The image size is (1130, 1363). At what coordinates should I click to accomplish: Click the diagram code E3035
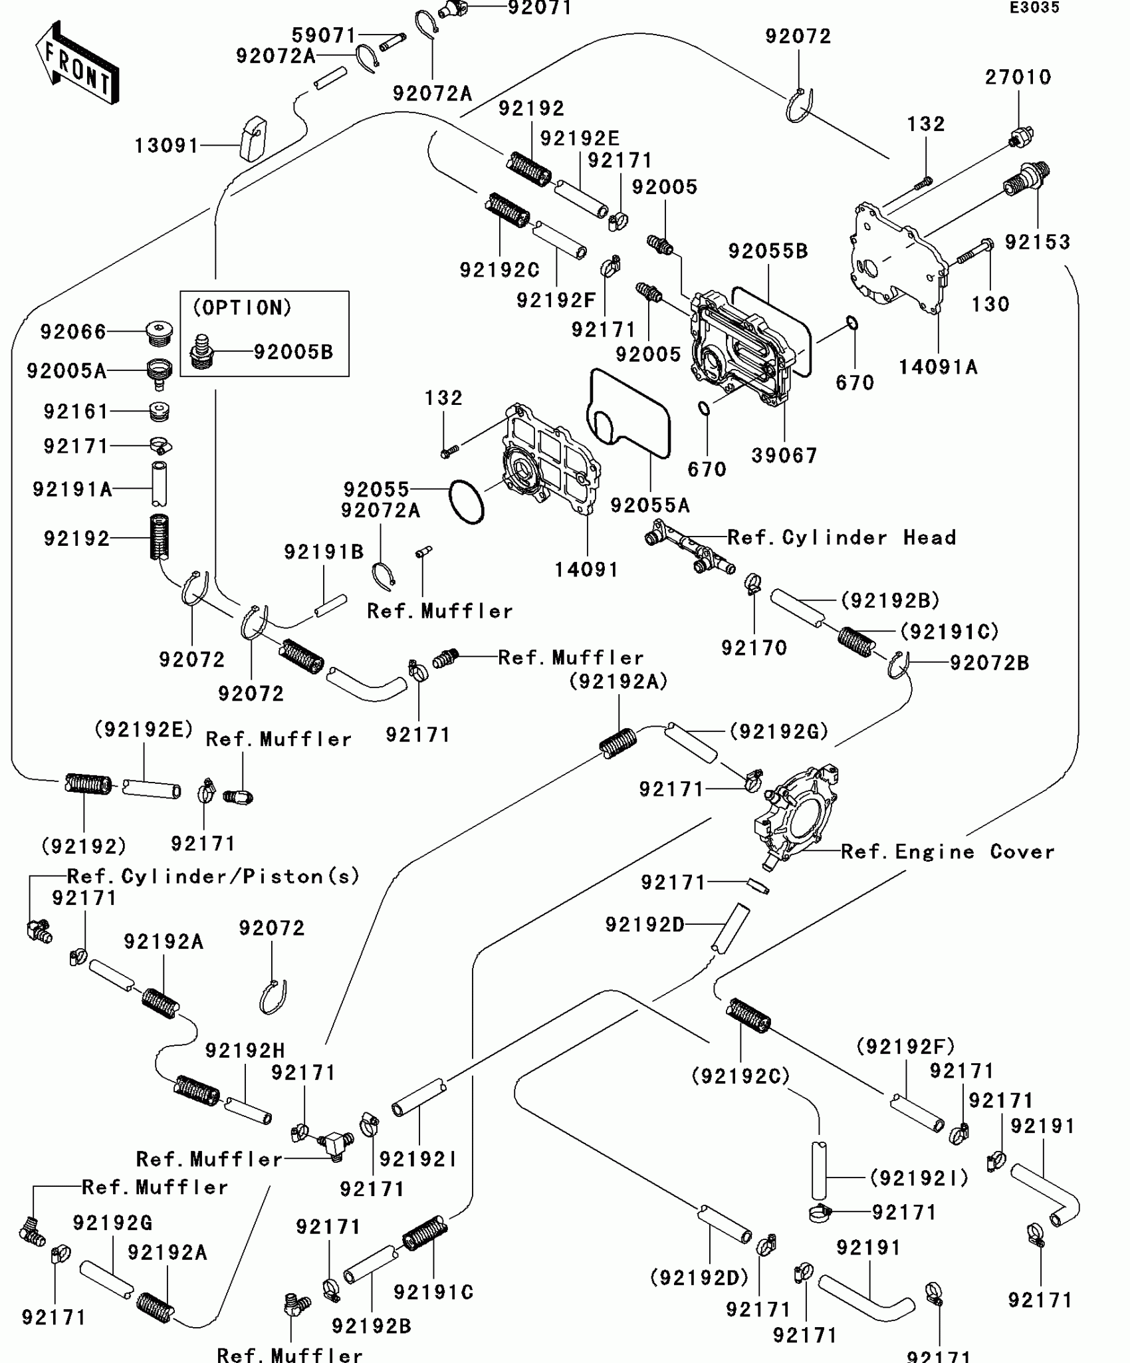[x=1034, y=8]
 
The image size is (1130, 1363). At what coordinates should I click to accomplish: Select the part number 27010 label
[x=1018, y=77]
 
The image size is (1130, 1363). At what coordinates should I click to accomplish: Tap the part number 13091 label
[x=167, y=146]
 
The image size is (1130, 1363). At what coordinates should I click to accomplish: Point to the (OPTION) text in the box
[x=243, y=308]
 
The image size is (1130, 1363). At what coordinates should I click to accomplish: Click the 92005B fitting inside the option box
[x=201, y=351]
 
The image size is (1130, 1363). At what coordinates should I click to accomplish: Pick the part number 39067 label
[x=784, y=456]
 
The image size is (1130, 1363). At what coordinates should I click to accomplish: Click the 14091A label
[x=938, y=367]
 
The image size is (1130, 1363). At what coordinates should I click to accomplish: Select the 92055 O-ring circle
[x=467, y=502]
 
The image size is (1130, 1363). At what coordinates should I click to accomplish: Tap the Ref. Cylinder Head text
[x=842, y=537]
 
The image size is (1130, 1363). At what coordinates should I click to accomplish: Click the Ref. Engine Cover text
[x=947, y=852]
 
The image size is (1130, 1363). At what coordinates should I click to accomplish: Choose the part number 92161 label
[x=76, y=412]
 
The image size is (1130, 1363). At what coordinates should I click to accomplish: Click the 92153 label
[x=1038, y=242]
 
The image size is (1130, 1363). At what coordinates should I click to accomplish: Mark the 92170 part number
[x=754, y=648]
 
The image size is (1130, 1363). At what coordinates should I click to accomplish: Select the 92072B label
[x=989, y=663]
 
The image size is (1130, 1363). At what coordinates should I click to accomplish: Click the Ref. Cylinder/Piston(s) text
[x=213, y=876]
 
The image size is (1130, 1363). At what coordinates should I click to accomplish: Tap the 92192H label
[x=245, y=1051]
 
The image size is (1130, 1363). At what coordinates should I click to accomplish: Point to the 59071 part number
[x=324, y=35]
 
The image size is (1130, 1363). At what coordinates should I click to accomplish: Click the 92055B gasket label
[x=768, y=251]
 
